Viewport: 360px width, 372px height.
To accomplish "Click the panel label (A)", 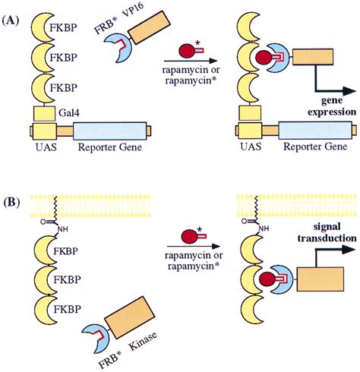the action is [x=11, y=20].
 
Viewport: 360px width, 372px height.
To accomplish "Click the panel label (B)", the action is [x=11, y=203].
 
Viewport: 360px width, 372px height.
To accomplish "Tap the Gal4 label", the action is [x=69, y=112].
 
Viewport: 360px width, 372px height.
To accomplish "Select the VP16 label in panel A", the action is [x=134, y=13].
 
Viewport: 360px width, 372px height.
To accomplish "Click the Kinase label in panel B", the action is [x=143, y=340].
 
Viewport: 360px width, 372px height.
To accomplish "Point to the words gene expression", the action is [x=332, y=106].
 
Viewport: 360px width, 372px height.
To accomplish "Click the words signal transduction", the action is [x=327, y=232].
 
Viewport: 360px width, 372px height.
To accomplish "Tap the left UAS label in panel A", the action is [x=46, y=147].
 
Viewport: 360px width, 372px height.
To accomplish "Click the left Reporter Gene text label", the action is [x=110, y=147].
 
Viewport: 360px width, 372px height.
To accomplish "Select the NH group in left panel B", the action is [x=62, y=229].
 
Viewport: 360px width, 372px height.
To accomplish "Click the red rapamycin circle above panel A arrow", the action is [x=187, y=50].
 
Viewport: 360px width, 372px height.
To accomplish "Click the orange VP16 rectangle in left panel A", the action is [x=149, y=27].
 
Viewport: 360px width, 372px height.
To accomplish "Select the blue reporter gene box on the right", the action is [x=315, y=131].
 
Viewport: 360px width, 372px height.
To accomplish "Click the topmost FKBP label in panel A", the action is [x=63, y=27].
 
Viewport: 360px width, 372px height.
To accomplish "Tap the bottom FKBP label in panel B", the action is [x=68, y=309].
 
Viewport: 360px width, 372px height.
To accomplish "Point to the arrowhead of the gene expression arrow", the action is [x=349, y=91].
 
